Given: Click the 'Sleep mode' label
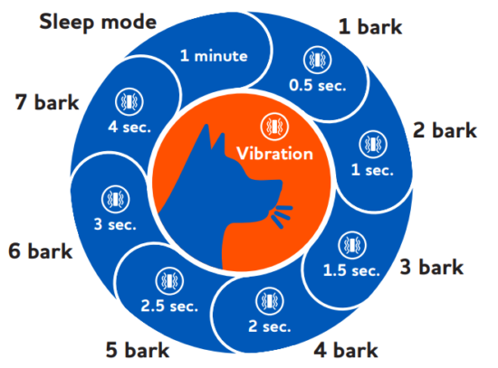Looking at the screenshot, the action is pos(98,23).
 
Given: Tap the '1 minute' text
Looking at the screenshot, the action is pos(214,56).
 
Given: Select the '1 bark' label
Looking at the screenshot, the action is pos(370,26).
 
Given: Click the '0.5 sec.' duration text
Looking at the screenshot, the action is pos(317,85).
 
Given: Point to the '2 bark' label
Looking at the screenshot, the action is pos(445,130).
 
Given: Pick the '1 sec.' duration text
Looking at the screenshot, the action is pos(372,170).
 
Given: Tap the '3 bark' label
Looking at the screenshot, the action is pos(431,267).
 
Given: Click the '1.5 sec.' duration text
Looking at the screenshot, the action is pos(351,270).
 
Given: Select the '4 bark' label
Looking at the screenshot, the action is pos(346,350).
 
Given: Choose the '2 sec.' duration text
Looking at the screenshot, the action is pos(269,326).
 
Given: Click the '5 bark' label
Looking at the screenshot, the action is pos(138,350).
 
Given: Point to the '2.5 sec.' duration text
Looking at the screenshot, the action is pos(169,306).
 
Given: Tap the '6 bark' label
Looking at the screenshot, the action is pos(41,251).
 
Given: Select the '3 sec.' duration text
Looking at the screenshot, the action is pos(115,224).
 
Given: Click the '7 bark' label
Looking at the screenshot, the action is pos(47,102).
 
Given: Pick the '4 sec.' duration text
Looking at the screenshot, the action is pos(129,127).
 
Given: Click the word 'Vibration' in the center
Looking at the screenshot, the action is pos(274,154).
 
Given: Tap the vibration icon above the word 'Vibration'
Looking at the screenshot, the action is pos(274,127).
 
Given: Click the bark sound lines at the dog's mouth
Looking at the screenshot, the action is pos(281,216).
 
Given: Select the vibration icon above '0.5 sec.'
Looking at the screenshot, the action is pos(317,60).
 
